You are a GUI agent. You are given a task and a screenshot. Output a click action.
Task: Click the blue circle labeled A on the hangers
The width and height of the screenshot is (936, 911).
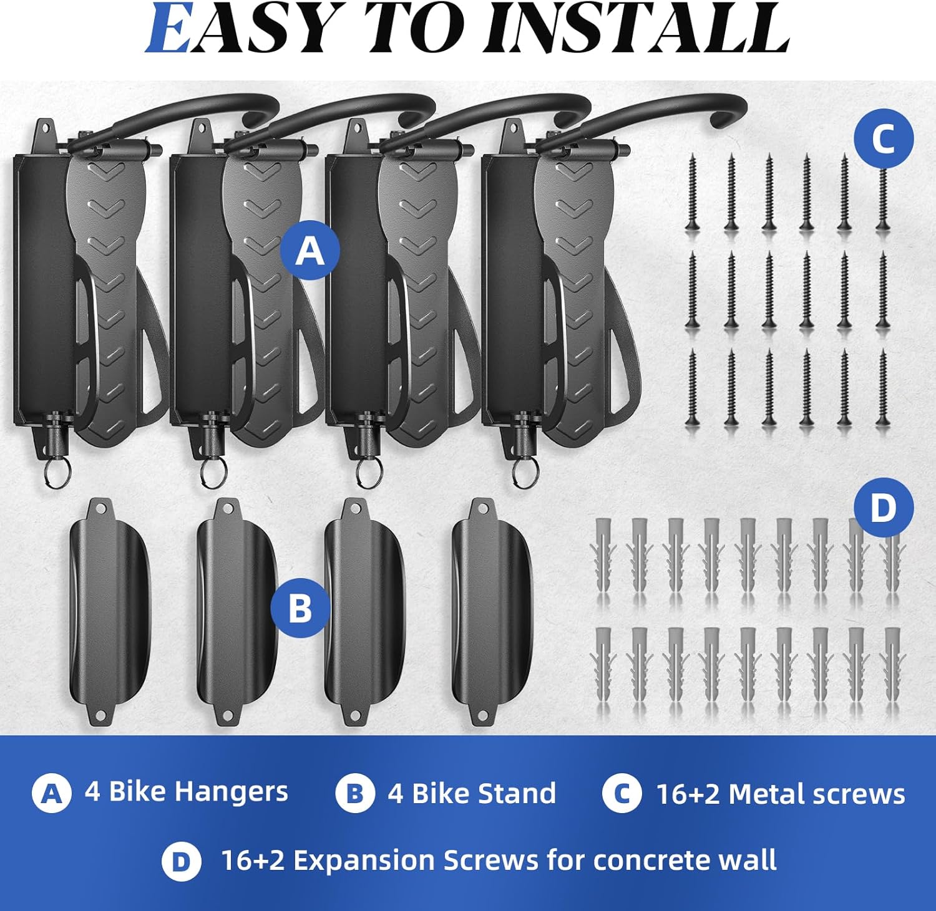(x=310, y=251)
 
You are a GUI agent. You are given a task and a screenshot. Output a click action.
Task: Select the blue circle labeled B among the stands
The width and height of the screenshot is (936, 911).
(x=300, y=607)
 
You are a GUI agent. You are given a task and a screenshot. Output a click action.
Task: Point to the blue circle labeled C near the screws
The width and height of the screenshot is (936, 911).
(x=884, y=138)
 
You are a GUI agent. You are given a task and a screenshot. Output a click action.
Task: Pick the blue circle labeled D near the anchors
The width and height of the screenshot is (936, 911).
(x=884, y=508)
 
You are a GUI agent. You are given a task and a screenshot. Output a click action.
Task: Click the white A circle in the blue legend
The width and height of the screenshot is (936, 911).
(x=51, y=793)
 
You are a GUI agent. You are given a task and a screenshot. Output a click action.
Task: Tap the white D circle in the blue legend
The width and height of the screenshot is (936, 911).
(x=181, y=862)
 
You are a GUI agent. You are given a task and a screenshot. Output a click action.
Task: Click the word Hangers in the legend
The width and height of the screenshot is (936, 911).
(x=231, y=793)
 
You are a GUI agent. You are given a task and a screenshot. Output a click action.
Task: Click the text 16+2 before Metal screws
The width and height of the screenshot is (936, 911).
(x=688, y=794)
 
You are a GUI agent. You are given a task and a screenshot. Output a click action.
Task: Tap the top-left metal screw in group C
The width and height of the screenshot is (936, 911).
(x=691, y=193)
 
